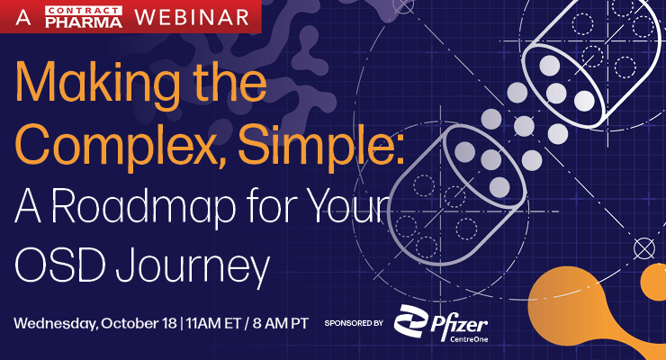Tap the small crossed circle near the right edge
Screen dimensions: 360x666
(x=643, y=246)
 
